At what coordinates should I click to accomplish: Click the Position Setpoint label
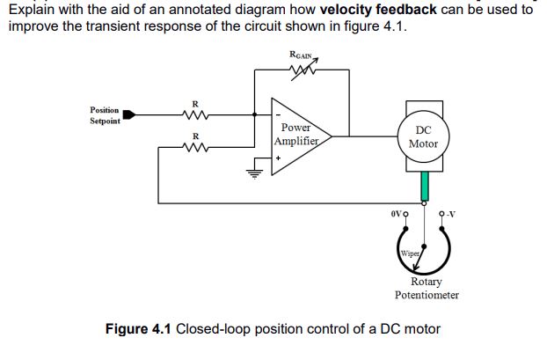click(x=105, y=115)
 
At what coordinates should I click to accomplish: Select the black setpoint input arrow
click(x=128, y=114)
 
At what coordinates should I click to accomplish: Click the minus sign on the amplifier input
click(x=279, y=114)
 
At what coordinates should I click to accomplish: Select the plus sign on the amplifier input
click(x=279, y=158)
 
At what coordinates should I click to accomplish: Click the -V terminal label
click(x=451, y=213)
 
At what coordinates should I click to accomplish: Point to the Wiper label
click(x=409, y=253)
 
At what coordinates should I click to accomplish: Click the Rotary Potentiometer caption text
click(x=427, y=289)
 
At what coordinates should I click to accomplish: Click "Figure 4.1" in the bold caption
click(x=138, y=330)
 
